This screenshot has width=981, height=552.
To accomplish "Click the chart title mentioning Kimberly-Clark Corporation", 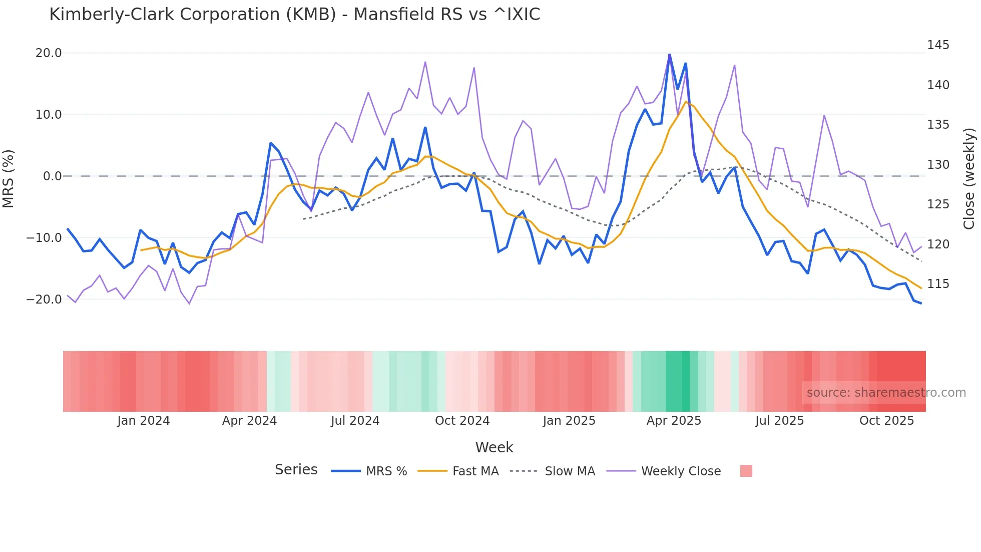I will click(x=294, y=14).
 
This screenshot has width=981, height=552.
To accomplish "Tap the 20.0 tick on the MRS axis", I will click(x=49, y=53).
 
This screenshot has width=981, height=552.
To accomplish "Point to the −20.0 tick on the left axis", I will click(x=44, y=300).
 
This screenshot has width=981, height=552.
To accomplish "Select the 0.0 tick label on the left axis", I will click(x=52, y=176).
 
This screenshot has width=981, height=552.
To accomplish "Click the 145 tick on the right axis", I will click(x=938, y=45).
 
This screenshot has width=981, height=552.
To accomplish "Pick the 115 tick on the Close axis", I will click(x=938, y=284).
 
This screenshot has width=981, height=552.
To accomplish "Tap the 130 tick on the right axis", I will click(x=938, y=165).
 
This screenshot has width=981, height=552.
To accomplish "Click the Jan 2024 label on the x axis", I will click(x=144, y=421).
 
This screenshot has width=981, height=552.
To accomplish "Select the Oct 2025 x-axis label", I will click(x=886, y=421).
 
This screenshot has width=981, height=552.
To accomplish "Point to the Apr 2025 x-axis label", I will click(x=674, y=421).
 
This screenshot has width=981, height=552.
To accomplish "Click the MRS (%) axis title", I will click(x=9, y=178).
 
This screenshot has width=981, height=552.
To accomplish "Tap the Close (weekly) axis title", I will click(x=969, y=179).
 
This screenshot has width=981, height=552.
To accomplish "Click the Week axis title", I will click(x=494, y=447).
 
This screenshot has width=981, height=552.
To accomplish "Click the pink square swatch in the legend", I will click(x=746, y=471).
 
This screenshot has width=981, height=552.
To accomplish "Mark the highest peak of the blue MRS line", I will click(x=669, y=55).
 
